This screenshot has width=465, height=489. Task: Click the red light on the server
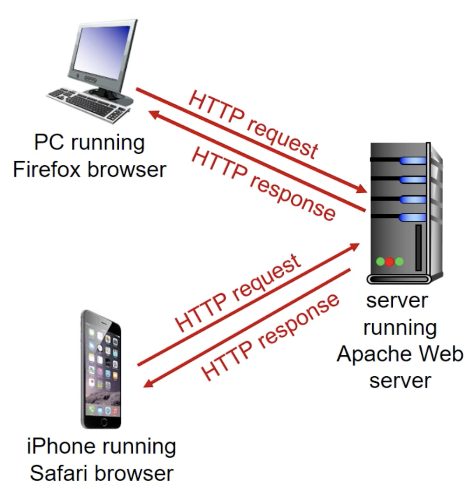(x=390, y=262)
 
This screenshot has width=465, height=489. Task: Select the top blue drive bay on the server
(x=413, y=161)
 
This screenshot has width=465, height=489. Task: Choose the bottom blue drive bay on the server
(x=413, y=217)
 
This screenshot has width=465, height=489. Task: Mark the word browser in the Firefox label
(x=126, y=169)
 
